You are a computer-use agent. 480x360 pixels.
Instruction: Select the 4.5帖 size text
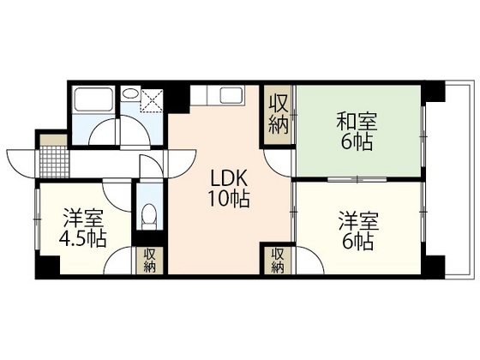[82, 238]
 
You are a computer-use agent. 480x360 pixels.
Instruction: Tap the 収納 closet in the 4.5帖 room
[148, 260]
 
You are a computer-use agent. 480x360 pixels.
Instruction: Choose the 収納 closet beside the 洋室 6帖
[277, 260]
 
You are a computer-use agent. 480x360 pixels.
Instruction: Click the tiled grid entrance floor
[51, 159]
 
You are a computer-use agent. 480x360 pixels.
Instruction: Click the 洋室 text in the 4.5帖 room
[82, 217]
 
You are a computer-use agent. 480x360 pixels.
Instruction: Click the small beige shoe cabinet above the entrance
[51, 140]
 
